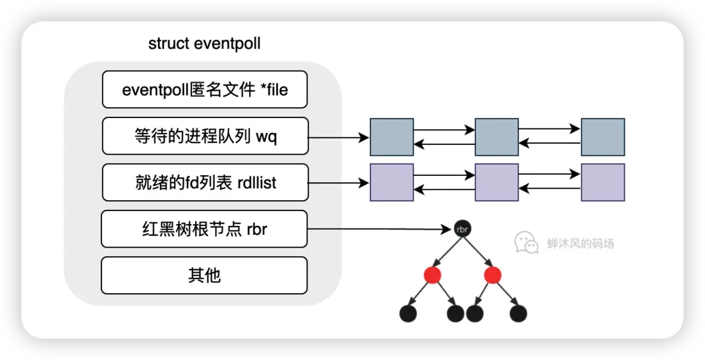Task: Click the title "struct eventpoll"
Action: tap(204, 44)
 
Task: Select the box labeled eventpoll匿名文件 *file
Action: tap(205, 90)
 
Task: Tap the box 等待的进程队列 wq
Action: tap(205, 136)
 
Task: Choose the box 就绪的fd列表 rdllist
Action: tap(205, 182)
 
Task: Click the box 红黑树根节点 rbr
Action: tap(204, 228)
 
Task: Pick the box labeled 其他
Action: tap(204, 275)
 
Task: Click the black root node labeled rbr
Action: tap(462, 229)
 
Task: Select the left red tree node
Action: tap(433, 276)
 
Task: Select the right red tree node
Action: tap(492, 276)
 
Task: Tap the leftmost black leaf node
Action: tap(408, 314)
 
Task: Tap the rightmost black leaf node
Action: tap(518, 314)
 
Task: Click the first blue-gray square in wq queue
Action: tap(392, 137)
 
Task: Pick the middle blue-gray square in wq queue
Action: tap(496, 137)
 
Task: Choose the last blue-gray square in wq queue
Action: tap(602, 137)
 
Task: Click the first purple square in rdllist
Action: tap(392, 182)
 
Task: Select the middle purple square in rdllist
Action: tap(496, 182)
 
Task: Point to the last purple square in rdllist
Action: tap(602, 182)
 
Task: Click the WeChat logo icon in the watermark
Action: tap(526, 242)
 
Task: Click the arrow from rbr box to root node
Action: tap(379, 229)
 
